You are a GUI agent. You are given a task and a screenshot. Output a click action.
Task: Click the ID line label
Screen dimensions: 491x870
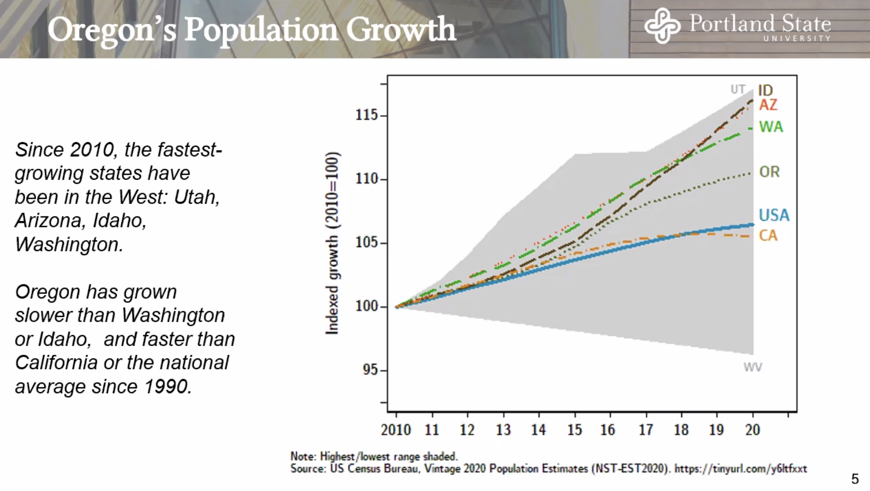pyautogui.click(x=765, y=90)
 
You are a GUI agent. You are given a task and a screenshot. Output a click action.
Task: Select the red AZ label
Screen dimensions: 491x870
pyautogui.click(x=768, y=105)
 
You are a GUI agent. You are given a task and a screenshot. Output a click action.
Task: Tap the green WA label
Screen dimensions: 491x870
pyautogui.click(x=771, y=127)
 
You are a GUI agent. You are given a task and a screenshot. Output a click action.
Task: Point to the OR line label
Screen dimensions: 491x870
pyautogui.click(x=769, y=172)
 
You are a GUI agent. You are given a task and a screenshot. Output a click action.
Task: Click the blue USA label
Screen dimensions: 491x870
pyautogui.click(x=774, y=215)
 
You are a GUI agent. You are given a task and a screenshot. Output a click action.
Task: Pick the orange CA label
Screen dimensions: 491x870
pyautogui.click(x=768, y=235)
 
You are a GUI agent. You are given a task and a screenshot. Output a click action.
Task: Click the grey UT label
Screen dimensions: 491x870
pyautogui.click(x=738, y=89)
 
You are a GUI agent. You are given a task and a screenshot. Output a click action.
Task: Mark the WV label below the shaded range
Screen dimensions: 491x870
pyautogui.click(x=752, y=367)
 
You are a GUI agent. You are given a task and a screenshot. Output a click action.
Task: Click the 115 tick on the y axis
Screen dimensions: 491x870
pyautogui.click(x=367, y=115)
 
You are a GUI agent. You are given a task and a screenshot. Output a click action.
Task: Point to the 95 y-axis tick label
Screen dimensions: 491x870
pyautogui.click(x=370, y=369)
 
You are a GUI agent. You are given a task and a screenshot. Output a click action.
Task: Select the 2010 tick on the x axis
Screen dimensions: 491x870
pyautogui.click(x=396, y=430)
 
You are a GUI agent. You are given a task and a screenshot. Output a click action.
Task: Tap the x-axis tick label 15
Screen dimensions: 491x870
pyautogui.click(x=575, y=430)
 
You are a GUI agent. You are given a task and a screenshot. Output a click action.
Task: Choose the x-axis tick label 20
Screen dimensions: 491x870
pyautogui.click(x=752, y=430)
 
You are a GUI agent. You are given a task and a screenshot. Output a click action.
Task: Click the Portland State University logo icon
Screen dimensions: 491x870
pyautogui.click(x=662, y=26)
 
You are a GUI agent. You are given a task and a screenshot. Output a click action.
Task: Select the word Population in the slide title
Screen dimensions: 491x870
pyautogui.click(x=261, y=30)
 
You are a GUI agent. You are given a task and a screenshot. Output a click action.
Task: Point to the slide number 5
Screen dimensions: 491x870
pyautogui.click(x=855, y=479)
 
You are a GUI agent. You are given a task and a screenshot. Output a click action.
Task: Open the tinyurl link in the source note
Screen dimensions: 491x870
pyautogui.click(x=741, y=469)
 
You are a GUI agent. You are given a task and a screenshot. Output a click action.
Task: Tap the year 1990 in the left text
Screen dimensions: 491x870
pyautogui.click(x=167, y=387)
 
